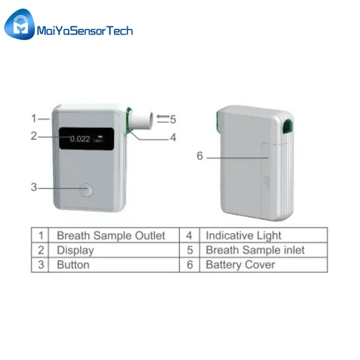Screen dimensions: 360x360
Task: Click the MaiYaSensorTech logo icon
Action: coord(20,24)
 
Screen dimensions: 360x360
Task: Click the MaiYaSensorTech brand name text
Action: coord(85,31)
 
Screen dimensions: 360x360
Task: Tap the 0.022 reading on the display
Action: coord(80,139)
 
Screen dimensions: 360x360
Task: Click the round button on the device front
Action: coord(86,190)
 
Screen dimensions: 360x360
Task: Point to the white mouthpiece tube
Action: coord(141,121)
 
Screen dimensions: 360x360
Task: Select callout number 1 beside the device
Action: coord(34,118)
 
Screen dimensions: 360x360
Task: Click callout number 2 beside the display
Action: coord(34,136)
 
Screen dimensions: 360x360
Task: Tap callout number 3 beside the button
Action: coord(34,187)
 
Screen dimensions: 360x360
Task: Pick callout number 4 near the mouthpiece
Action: coord(173,137)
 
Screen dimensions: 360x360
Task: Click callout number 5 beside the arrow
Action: coord(173,119)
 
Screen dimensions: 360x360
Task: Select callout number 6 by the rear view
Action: coord(200,156)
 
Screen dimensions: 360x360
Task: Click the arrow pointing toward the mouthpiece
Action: coord(163,117)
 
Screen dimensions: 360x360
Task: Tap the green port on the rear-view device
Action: coord(288,126)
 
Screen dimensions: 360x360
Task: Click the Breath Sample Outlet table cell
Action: coord(111,236)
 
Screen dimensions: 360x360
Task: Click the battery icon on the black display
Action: coord(100,137)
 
